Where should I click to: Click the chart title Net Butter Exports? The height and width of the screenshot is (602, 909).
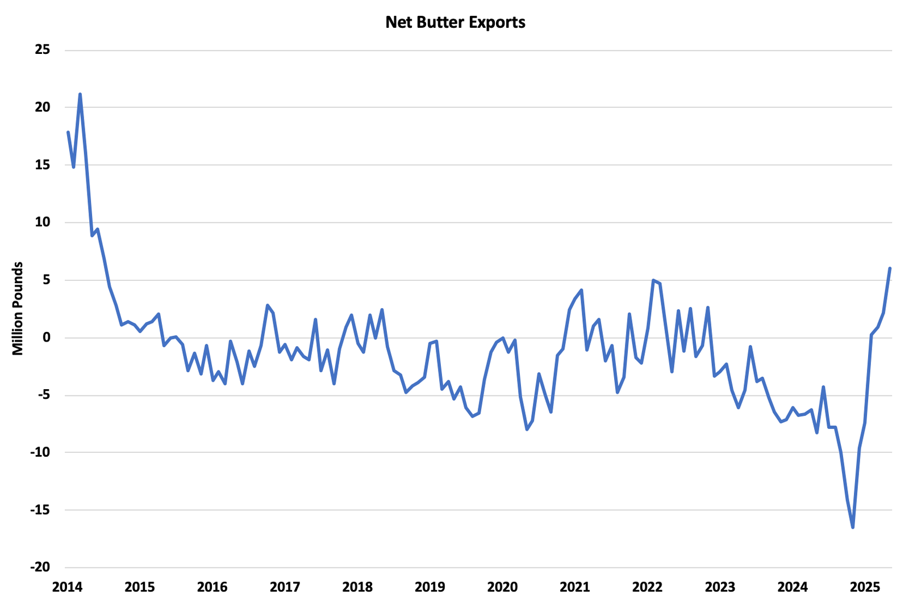(x=455, y=22)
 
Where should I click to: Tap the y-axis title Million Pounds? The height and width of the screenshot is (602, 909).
(x=18, y=309)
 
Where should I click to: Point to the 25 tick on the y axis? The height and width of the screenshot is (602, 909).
(x=43, y=50)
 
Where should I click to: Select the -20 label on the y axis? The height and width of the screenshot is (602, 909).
(x=39, y=567)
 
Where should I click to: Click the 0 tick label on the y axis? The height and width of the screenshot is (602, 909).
(x=47, y=338)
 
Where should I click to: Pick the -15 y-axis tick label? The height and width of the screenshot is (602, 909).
(x=39, y=510)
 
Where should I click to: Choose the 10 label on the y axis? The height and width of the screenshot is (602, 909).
(x=43, y=222)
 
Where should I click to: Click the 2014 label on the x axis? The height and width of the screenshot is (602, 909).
(x=67, y=587)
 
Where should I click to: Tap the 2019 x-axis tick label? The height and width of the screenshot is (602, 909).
(x=430, y=587)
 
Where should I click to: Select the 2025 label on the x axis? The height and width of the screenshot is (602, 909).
(x=865, y=587)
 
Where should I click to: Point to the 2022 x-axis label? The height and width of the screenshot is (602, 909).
(x=648, y=587)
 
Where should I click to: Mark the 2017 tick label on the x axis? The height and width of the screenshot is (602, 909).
(x=285, y=587)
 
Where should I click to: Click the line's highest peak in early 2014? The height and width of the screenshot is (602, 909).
(x=80, y=94)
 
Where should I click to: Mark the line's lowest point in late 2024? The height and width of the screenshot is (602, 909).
(x=853, y=528)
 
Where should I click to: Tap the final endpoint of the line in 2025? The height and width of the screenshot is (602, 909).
(x=890, y=268)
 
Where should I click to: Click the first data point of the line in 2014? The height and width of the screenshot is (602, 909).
(x=68, y=132)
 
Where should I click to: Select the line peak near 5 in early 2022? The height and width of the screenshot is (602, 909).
(x=653, y=280)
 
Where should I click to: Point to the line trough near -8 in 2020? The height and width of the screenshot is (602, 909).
(x=527, y=430)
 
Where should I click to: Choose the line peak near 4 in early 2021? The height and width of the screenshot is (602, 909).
(x=581, y=290)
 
